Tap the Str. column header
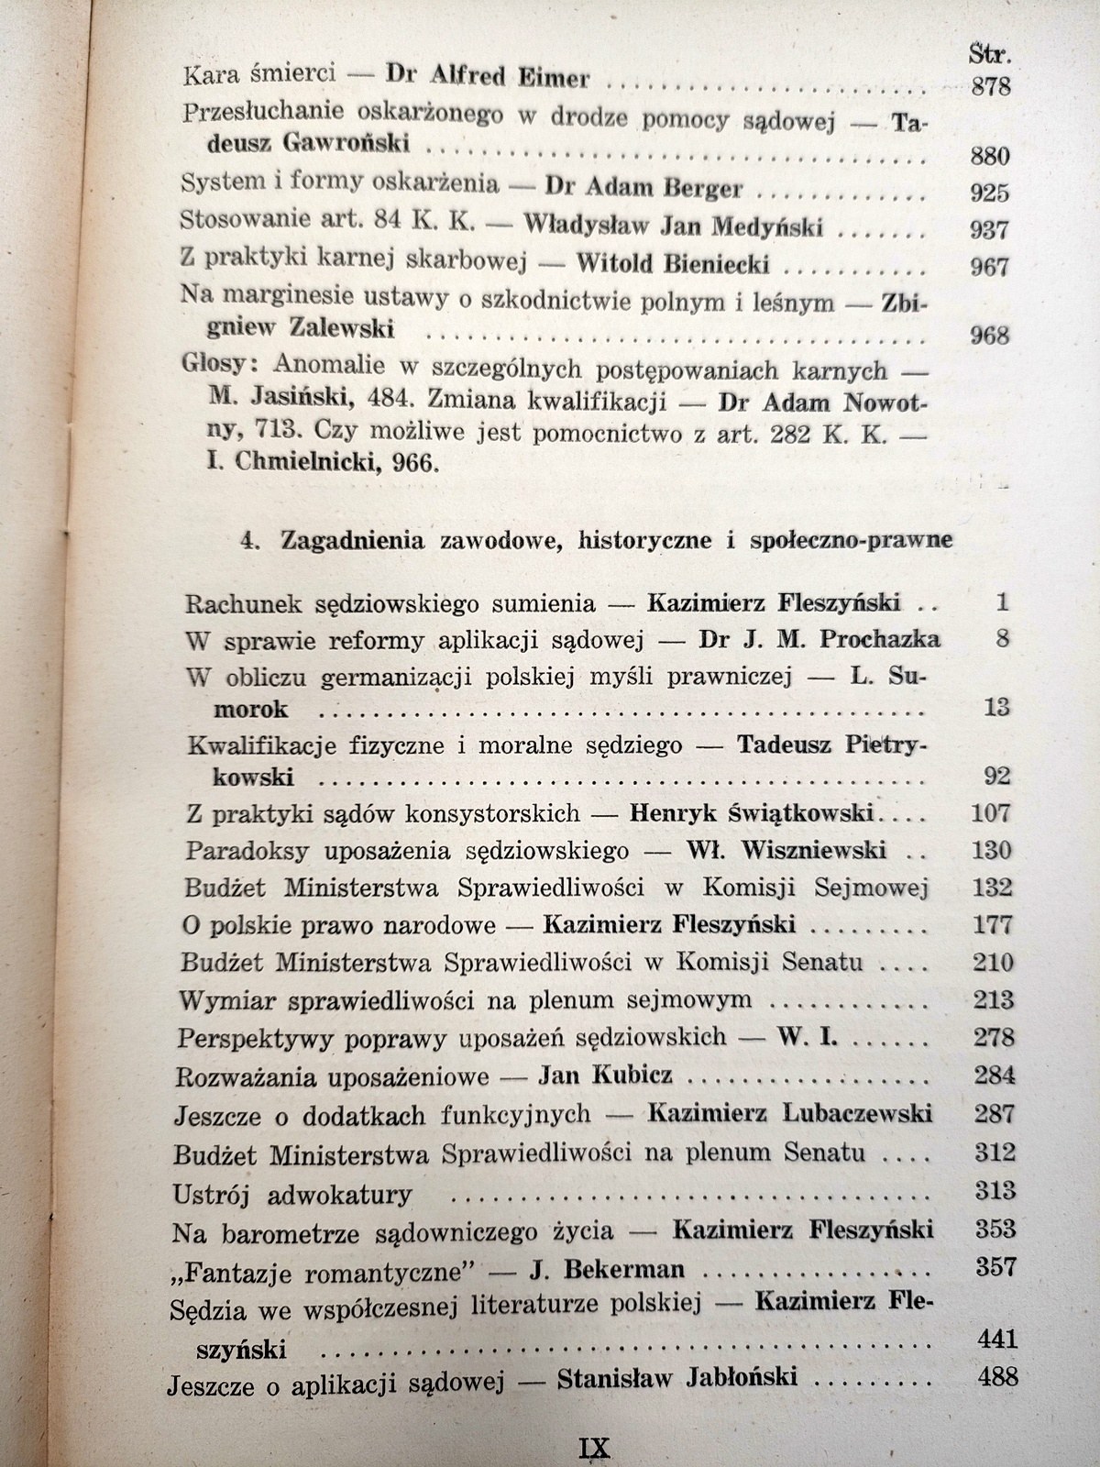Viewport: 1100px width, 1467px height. pos(988,55)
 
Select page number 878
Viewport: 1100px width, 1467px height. pos(989,86)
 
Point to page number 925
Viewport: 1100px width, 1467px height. pos(988,193)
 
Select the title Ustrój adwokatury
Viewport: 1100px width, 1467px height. pos(292,1193)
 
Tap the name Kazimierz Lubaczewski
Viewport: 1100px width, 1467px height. pos(789,1113)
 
